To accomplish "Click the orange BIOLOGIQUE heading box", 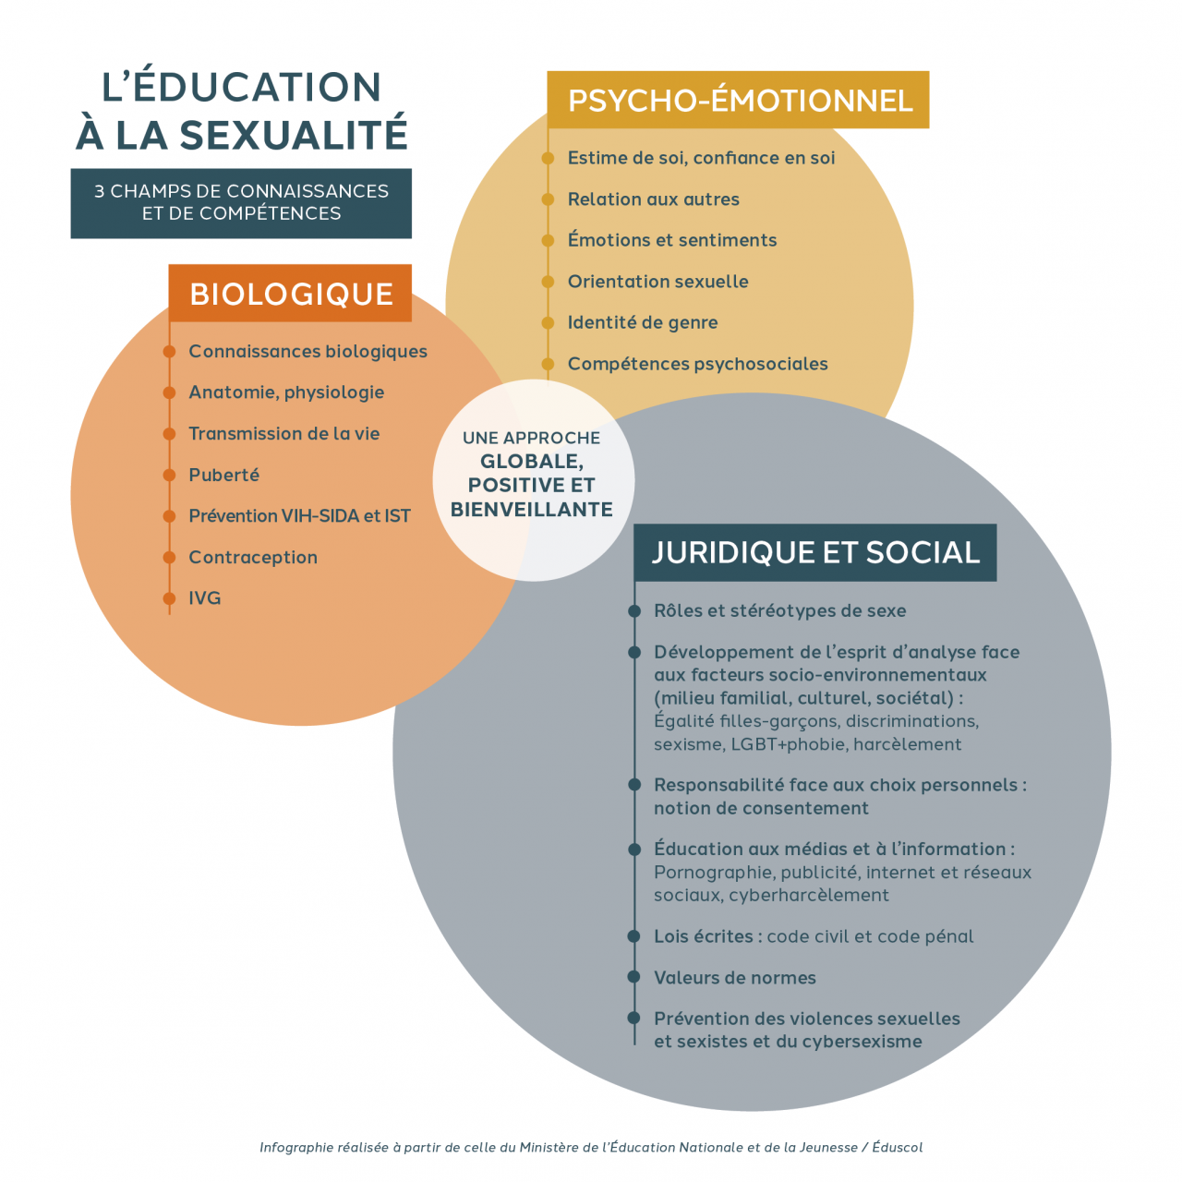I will pyautogui.click(x=290, y=294).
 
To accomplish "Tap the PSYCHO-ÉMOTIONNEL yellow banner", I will pyautogui.click(x=739, y=100).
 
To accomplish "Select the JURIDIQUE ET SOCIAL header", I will pyautogui.click(x=814, y=552).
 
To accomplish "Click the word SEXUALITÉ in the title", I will pyautogui.click(x=293, y=135).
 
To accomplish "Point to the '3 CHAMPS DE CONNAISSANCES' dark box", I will pyautogui.click(x=241, y=202).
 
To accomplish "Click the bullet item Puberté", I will pyautogui.click(x=223, y=475).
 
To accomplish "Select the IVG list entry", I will pyautogui.click(x=205, y=598).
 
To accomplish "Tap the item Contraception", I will pyautogui.click(x=253, y=557).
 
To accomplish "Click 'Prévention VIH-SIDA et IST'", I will pyautogui.click(x=299, y=516).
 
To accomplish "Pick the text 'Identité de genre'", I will pyautogui.click(x=643, y=322).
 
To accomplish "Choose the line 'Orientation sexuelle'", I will pyautogui.click(x=657, y=282).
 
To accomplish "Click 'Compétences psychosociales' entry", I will pyautogui.click(x=697, y=364).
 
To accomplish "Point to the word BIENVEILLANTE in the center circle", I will pyautogui.click(x=532, y=509).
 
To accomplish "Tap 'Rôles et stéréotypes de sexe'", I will pyautogui.click(x=779, y=610).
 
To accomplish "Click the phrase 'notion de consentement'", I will pyautogui.click(x=761, y=808).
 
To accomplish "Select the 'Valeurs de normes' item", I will pyautogui.click(x=735, y=977).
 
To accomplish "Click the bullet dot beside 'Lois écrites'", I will pyautogui.click(x=634, y=936).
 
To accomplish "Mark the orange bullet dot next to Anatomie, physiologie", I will pyautogui.click(x=169, y=392).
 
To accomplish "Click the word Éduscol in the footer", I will pyautogui.click(x=897, y=1147).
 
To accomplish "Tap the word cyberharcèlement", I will pyautogui.click(x=809, y=895).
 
